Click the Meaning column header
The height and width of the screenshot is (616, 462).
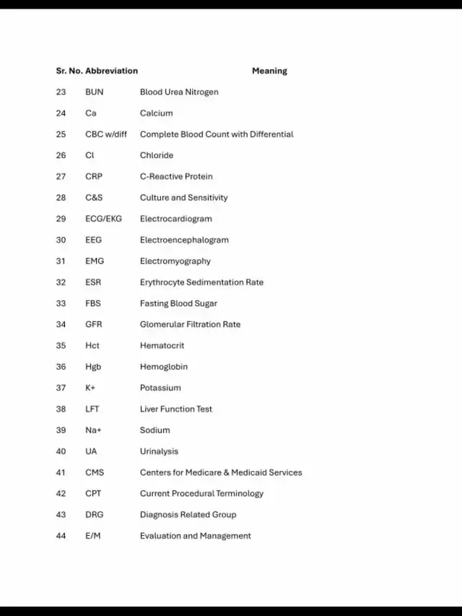(269, 71)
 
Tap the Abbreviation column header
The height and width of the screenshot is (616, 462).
(111, 71)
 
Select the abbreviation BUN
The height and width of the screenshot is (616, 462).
(95, 92)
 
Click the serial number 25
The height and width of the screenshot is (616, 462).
(61, 134)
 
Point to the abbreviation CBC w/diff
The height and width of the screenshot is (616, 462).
(106, 134)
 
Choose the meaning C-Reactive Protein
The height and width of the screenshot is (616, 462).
(176, 176)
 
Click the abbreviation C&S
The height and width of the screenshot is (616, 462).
(94, 197)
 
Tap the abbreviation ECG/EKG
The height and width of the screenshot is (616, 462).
(103, 219)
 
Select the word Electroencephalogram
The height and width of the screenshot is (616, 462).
(184, 240)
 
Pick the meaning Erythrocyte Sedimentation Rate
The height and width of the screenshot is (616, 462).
(201, 282)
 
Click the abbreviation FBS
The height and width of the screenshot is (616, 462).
(93, 303)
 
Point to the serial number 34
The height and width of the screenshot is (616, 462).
(61, 324)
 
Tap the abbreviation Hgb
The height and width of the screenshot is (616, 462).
(93, 367)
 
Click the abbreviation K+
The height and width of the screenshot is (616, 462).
(90, 388)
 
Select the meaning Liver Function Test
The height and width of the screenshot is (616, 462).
(176, 409)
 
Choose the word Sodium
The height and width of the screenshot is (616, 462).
(155, 430)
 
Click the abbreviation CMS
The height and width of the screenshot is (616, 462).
(95, 472)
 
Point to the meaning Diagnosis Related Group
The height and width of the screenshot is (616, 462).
(188, 515)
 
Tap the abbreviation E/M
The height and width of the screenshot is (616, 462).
(93, 536)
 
